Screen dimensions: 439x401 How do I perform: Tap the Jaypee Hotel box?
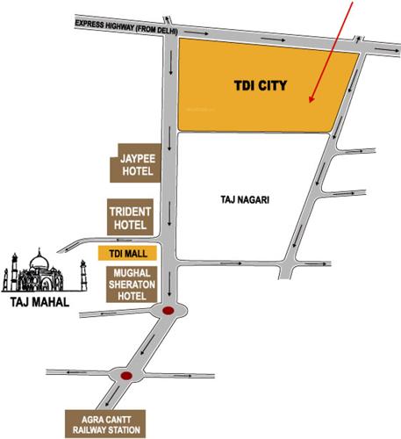coord(132,164)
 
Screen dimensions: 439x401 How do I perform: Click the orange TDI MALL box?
coord(126,253)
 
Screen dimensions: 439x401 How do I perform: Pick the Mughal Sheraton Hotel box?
coord(132,284)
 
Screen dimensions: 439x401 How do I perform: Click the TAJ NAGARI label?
coord(240,199)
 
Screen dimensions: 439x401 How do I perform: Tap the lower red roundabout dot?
coord(126,378)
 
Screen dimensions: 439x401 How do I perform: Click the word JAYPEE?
coord(132,159)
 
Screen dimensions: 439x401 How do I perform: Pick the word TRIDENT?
coord(132,212)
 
